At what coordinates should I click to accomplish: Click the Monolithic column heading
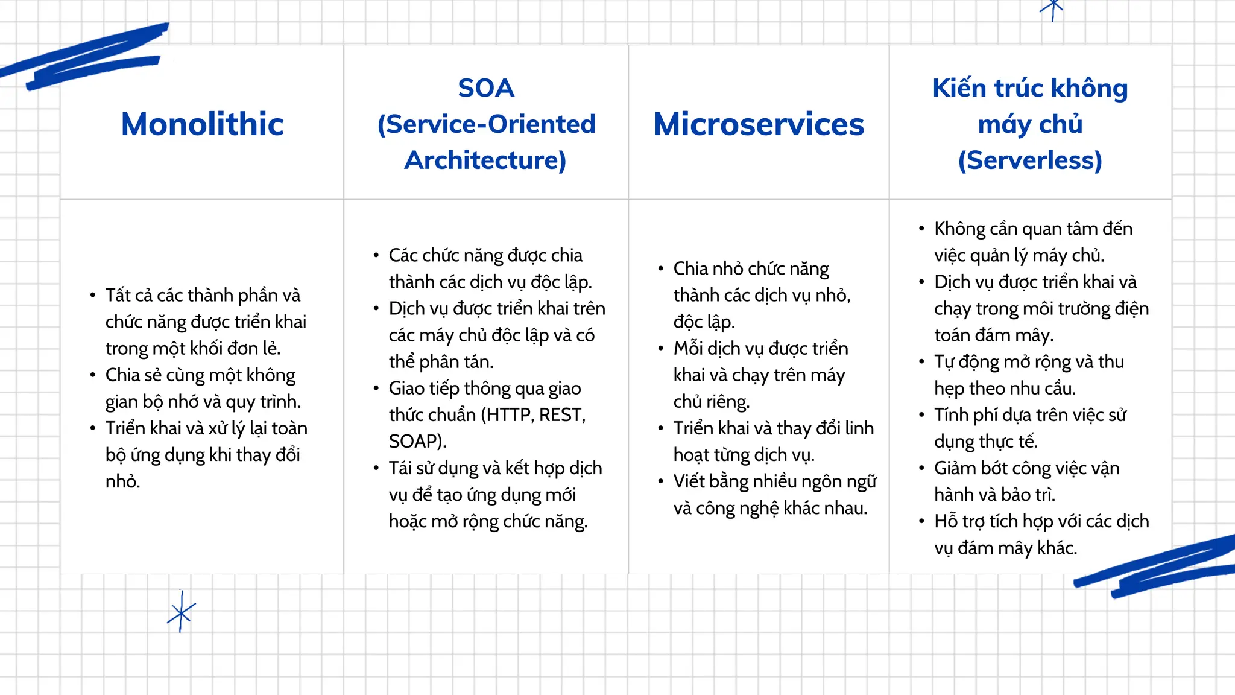click(x=202, y=124)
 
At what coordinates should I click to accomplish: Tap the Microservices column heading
click(x=759, y=124)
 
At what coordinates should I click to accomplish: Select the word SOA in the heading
click(x=486, y=88)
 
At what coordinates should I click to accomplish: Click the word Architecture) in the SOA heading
click(x=485, y=160)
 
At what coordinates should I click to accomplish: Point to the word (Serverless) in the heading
click(x=1030, y=160)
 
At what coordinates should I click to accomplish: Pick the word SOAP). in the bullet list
click(x=417, y=442)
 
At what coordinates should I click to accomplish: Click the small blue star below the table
click(x=181, y=612)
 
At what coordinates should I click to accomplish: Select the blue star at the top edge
click(x=1052, y=8)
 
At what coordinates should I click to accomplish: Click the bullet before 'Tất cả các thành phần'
click(x=92, y=296)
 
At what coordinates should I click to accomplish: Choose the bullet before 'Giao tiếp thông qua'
click(x=376, y=389)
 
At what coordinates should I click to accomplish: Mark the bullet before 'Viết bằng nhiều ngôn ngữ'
click(x=660, y=481)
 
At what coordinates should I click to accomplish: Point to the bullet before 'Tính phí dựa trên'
click(x=921, y=415)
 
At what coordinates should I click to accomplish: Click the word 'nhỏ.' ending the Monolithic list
click(x=122, y=481)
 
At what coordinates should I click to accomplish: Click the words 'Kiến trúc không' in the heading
click(x=1030, y=88)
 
